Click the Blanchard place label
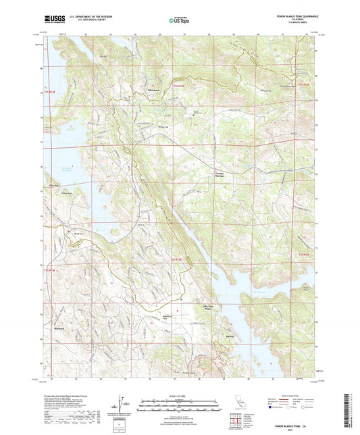coord(136,90)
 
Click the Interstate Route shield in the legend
coord(271,407)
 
